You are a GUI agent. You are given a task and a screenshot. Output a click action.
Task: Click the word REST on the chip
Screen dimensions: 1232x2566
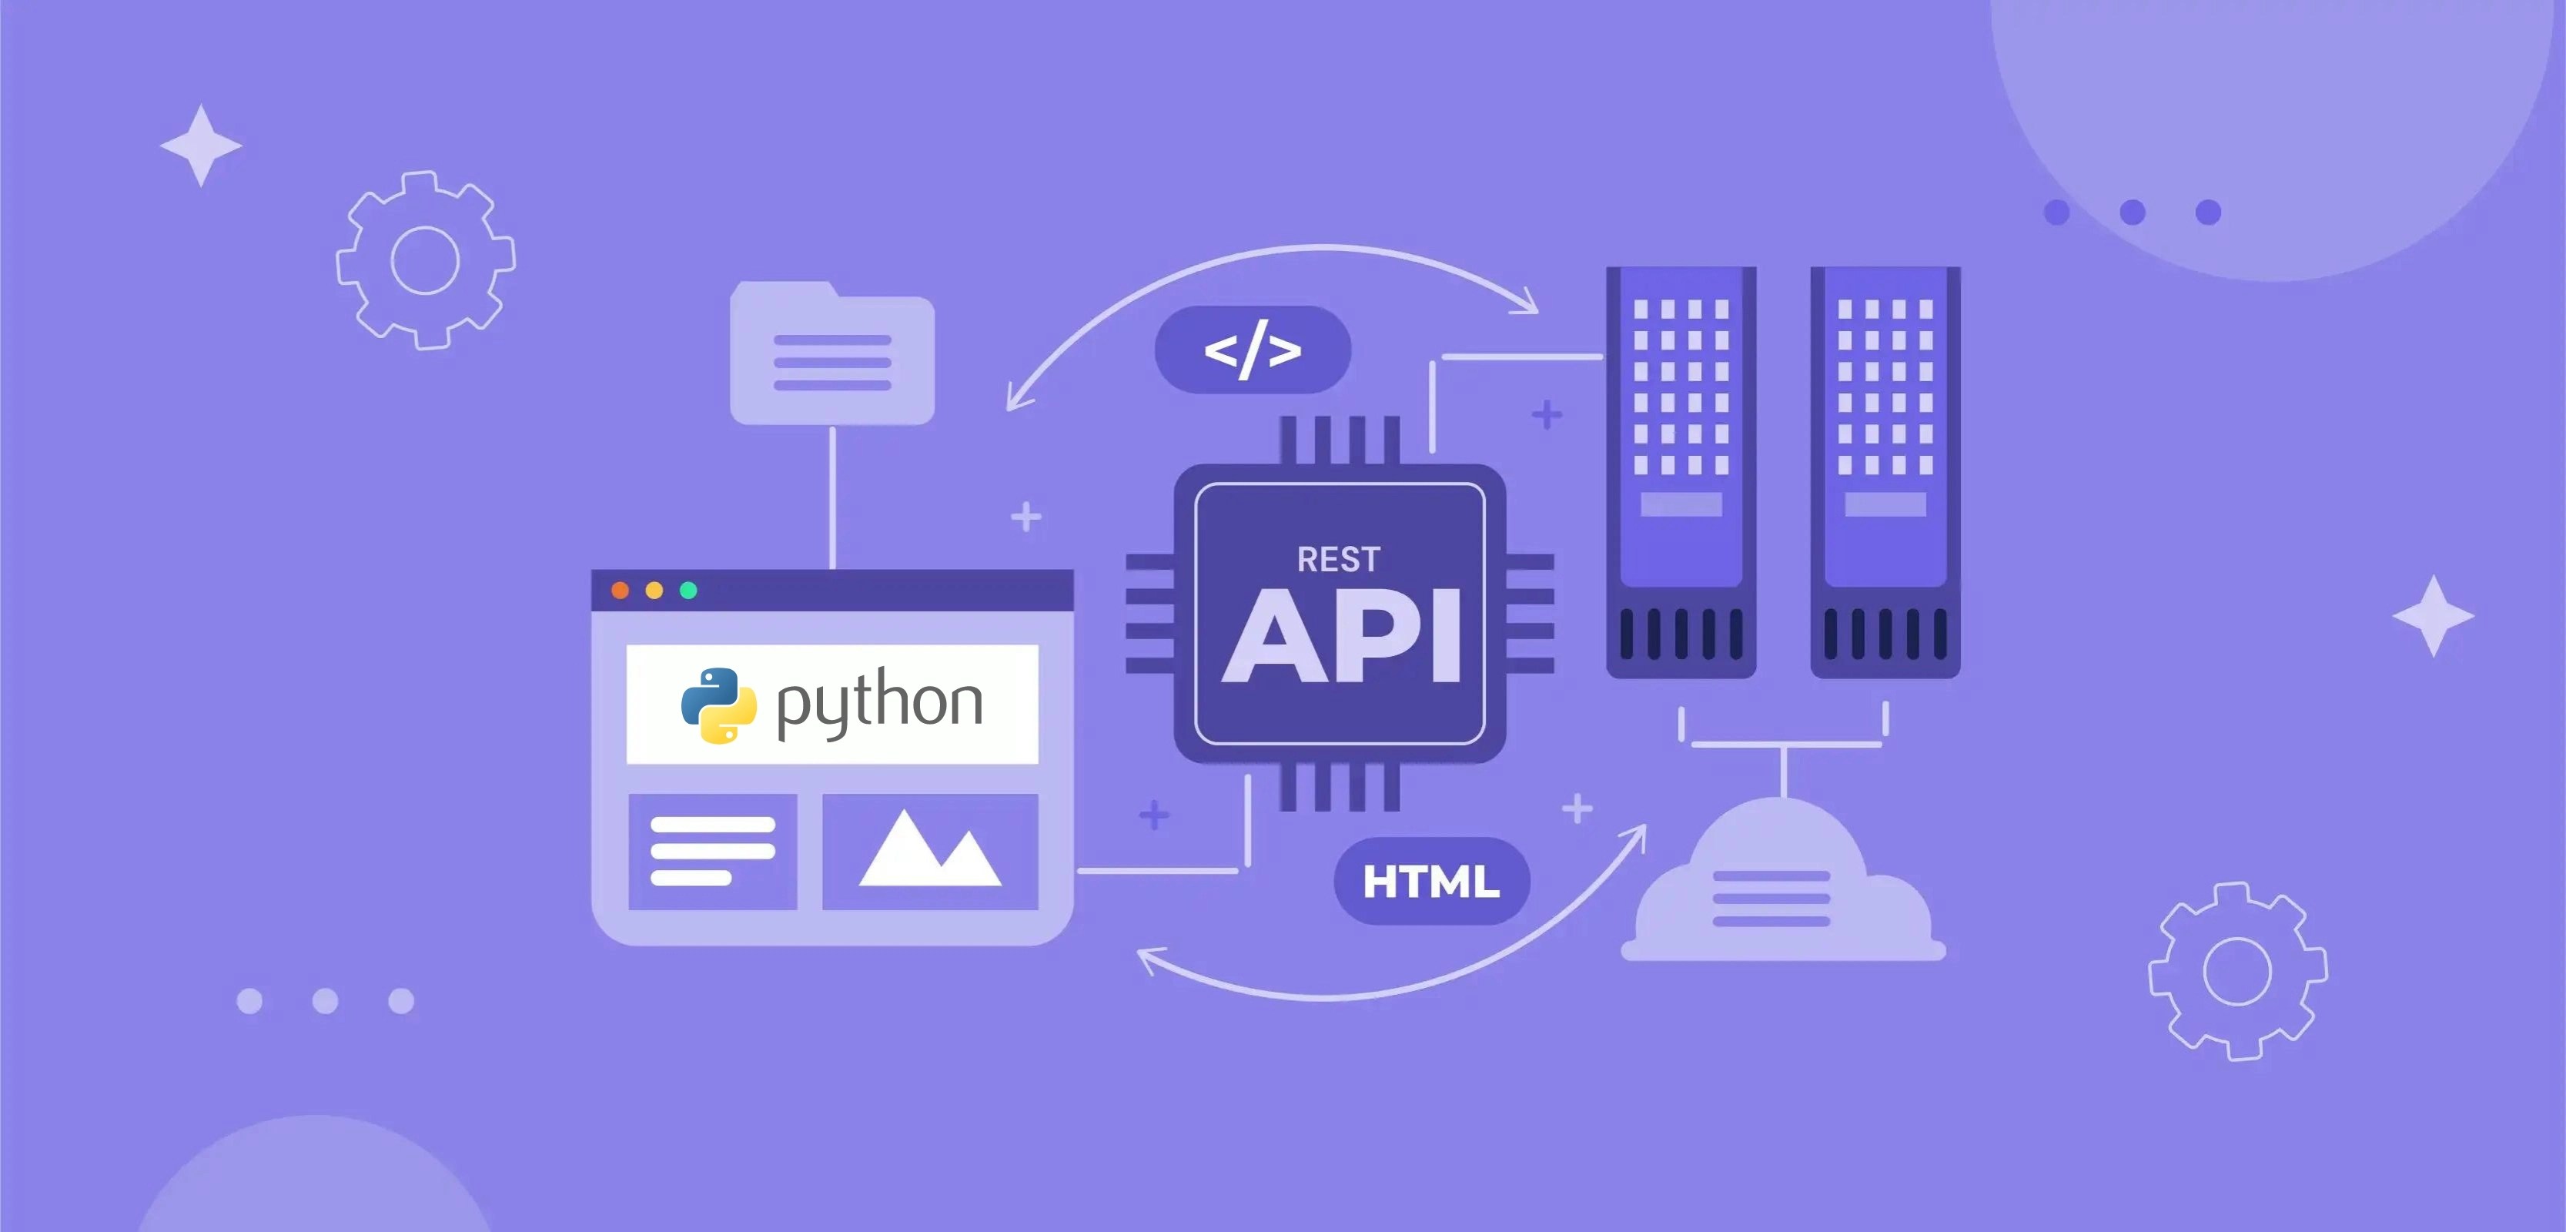[x=1338, y=560]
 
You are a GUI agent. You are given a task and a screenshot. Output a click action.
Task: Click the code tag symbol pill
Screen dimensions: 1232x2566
[x=1252, y=350]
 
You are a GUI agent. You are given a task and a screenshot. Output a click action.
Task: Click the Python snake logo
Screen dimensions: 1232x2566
[x=718, y=705]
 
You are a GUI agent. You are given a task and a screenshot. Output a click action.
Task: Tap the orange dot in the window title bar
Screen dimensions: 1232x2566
[x=620, y=591]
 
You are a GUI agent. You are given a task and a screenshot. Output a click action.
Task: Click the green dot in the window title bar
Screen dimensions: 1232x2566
[x=688, y=591]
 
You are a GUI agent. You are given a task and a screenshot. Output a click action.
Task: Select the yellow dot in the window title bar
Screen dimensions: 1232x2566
[x=654, y=591]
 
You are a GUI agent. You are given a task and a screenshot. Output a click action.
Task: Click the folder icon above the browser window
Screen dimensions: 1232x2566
[x=831, y=354]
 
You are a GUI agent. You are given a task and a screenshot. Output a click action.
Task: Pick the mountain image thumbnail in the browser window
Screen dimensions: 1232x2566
[x=929, y=852]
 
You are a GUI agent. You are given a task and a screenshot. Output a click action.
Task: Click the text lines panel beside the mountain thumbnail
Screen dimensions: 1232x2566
[x=712, y=852]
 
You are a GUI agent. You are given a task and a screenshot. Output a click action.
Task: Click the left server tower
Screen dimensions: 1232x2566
[x=1681, y=472]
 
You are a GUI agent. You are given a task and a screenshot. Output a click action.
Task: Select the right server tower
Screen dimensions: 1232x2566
[x=1885, y=472]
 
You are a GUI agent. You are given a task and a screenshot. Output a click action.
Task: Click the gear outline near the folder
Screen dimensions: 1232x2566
[x=425, y=260]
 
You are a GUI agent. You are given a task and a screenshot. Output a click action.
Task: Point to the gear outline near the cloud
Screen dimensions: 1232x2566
[x=2237, y=971]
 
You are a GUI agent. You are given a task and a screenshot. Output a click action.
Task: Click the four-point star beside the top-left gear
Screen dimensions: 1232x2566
[x=201, y=146]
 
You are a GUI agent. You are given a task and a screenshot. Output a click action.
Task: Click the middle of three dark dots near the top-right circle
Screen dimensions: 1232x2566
[x=2133, y=213]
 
